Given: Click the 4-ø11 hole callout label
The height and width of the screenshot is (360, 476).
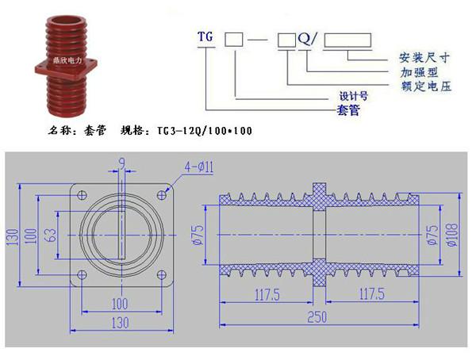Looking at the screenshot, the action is click(x=199, y=167).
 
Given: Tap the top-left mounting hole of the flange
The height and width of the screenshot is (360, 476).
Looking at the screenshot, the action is click(x=82, y=195).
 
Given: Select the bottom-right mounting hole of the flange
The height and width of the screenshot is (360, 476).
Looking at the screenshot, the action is click(x=162, y=275).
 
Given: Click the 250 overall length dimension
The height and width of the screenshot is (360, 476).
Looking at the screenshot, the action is click(x=317, y=317).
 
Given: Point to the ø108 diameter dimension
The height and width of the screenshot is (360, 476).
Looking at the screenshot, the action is click(x=452, y=235).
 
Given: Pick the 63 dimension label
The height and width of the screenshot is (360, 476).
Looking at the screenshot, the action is click(x=51, y=235).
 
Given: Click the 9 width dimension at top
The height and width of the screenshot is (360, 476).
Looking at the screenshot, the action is click(x=121, y=164).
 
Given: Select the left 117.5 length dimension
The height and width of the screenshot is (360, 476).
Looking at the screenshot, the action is click(x=267, y=294).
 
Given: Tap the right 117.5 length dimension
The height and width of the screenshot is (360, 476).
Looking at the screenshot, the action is click(x=372, y=294).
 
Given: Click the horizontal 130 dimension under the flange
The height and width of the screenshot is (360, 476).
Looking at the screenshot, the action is click(x=121, y=323).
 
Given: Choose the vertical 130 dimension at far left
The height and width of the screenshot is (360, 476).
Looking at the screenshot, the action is click(x=13, y=237).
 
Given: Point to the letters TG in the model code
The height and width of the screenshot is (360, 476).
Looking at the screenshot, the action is click(x=205, y=36).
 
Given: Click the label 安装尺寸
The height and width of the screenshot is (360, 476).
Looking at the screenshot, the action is click(x=424, y=57).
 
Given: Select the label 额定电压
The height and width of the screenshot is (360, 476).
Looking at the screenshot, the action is click(x=426, y=86).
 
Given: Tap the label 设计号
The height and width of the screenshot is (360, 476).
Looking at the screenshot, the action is click(x=354, y=96).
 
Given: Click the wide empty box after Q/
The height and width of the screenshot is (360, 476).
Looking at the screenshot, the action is click(x=347, y=40).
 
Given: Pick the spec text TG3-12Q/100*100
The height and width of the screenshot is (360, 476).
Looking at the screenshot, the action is click(x=205, y=131).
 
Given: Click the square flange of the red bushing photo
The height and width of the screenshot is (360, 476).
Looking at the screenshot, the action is click(x=66, y=67).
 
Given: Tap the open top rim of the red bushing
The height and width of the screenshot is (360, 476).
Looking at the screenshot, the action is click(x=66, y=22).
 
